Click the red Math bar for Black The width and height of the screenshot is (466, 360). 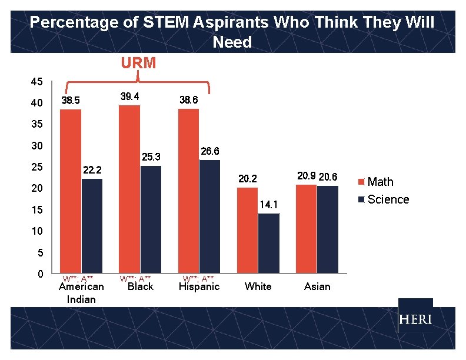(129, 189)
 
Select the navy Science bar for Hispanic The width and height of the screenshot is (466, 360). (209, 216)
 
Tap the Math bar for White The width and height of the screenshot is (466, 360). (247, 231)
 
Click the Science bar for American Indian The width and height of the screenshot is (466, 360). (92, 226)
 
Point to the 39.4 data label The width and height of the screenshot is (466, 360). (129, 96)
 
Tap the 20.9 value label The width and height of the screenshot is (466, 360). (307, 176)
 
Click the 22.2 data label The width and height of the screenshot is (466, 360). (92, 170)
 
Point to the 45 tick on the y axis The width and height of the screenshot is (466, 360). (36, 81)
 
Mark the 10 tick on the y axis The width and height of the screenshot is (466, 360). (36, 231)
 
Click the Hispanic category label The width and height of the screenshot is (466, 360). (199, 286)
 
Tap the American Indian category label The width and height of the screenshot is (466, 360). (81, 292)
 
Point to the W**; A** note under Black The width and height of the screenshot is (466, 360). (135, 278)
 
